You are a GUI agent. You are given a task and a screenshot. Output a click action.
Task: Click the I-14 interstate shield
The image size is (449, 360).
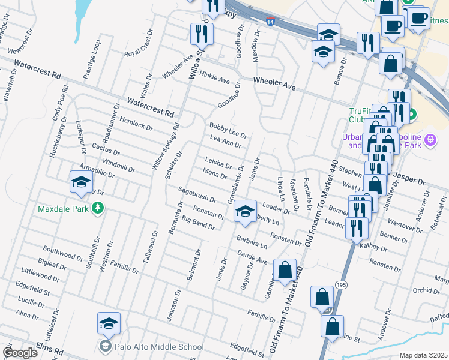pos(271,21)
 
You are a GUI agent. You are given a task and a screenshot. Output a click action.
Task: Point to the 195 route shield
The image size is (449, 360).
pos(342,284)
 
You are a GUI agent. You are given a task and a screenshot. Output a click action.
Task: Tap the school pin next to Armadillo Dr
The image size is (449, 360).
pos(81,182)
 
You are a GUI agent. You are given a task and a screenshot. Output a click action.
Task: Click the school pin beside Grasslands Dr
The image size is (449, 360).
pos(245,211)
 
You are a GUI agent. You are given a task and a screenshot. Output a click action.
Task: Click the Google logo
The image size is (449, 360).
pos(20,353)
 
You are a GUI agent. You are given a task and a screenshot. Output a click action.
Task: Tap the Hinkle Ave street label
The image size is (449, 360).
pos(215,79)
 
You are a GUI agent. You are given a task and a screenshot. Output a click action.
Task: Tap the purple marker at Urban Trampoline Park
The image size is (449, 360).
pos(430,140)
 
